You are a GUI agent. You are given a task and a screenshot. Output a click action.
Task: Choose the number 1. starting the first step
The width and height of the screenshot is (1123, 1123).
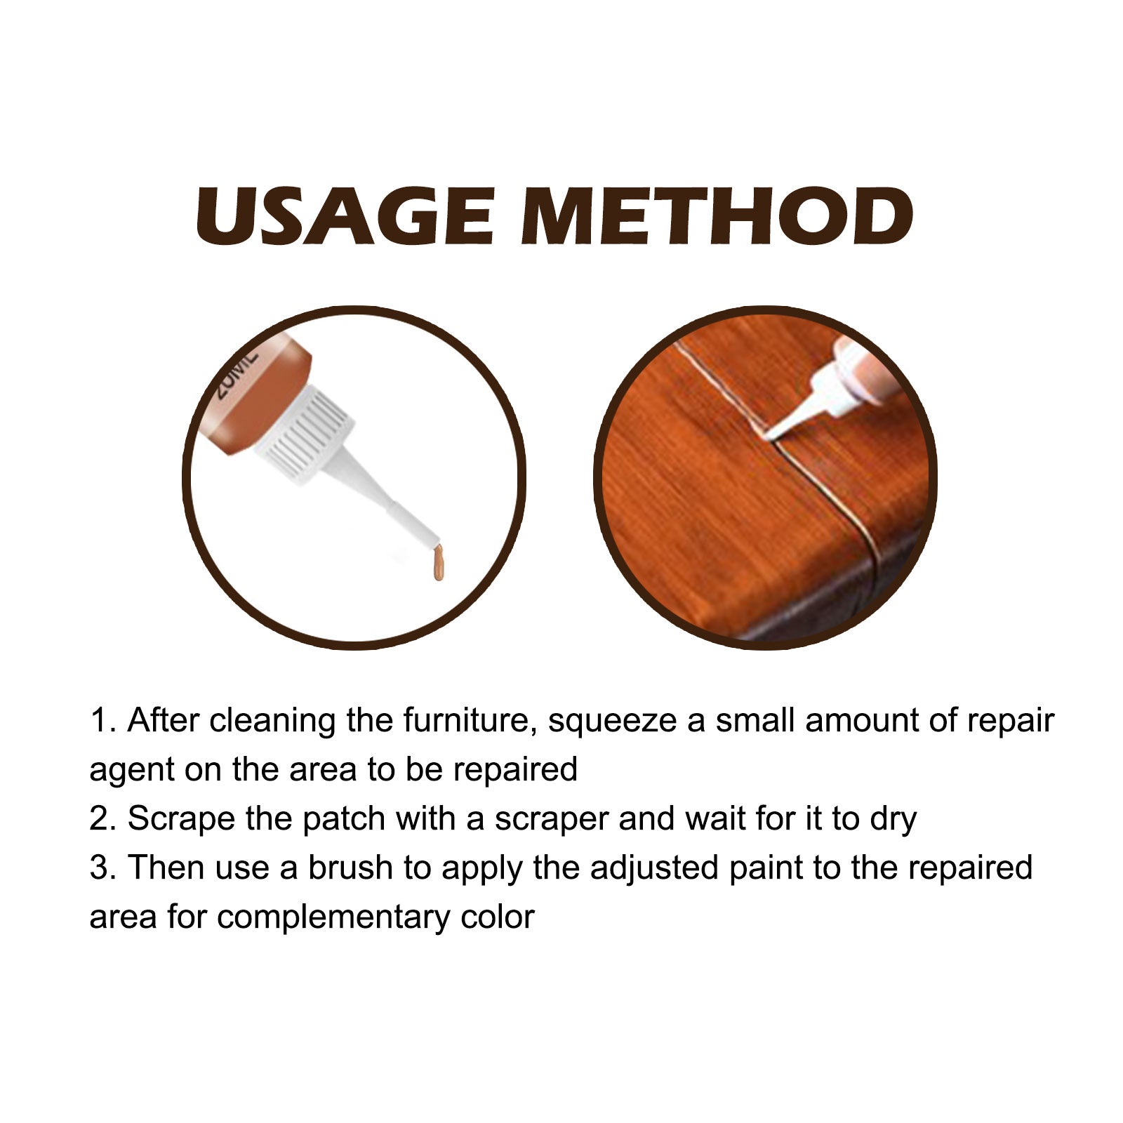pyautogui.click(x=103, y=721)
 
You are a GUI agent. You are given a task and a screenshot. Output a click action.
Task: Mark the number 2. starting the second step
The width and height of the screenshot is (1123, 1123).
pyautogui.click(x=103, y=819)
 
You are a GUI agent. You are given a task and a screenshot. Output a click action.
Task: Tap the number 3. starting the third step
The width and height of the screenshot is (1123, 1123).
pyautogui.click(x=103, y=868)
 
